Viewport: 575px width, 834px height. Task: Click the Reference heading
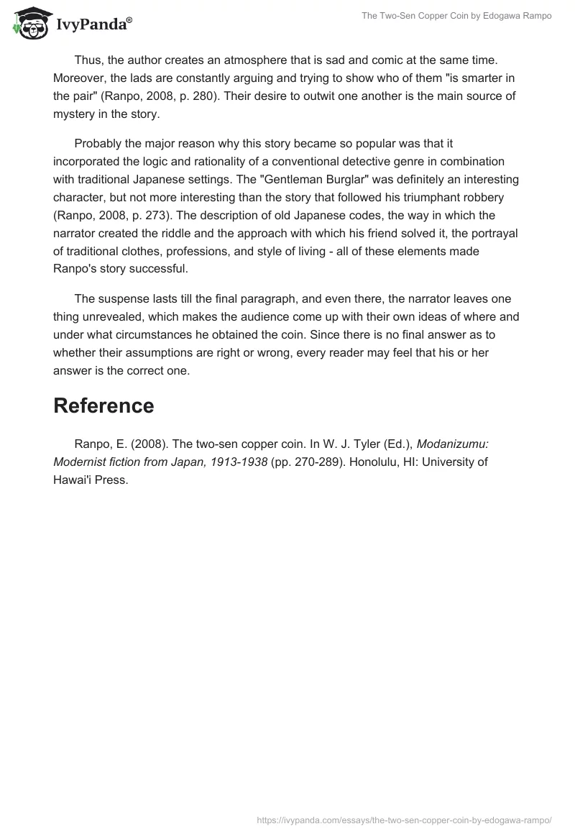coord(103,405)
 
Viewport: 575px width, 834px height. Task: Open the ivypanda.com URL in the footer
coord(404,819)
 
